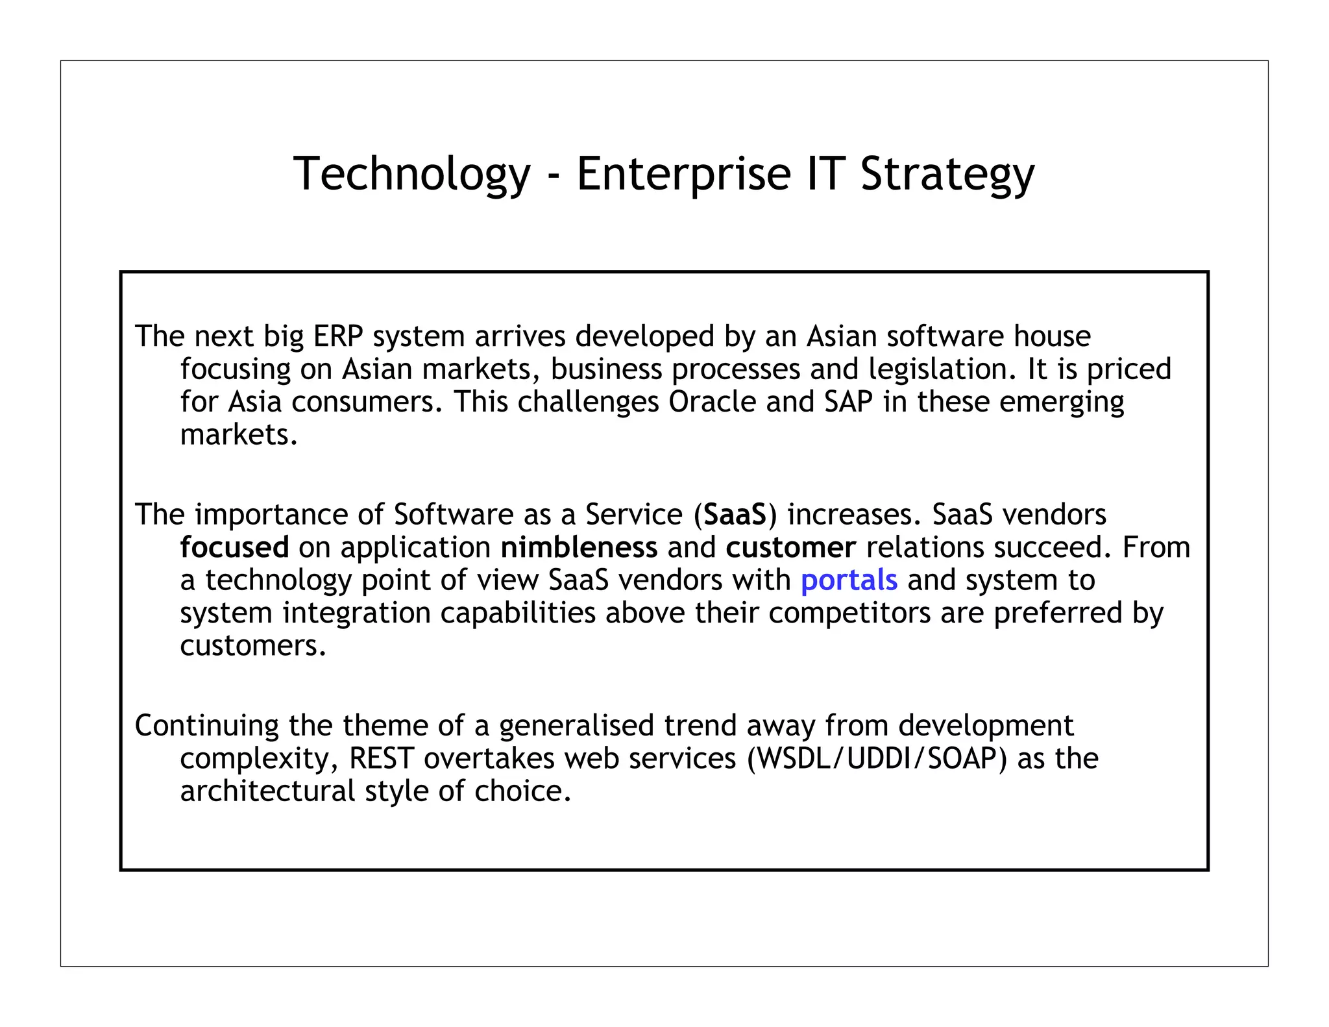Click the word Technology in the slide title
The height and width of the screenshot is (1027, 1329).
pos(411,174)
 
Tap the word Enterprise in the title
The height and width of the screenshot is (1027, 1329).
pos(683,174)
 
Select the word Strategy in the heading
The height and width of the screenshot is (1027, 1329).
pos(947,174)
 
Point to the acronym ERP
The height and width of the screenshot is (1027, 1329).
pos(337,336)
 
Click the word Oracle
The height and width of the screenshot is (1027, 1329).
pos(712,402)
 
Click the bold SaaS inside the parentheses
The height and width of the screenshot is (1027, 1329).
pos(735,515)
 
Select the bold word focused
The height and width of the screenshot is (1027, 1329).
pos(234,547)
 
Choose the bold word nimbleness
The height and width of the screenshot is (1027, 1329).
pos(579,547)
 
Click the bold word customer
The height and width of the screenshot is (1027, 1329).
pos(790,547)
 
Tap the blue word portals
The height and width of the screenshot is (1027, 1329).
pos(849,580)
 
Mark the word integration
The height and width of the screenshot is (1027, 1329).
pos(356,613)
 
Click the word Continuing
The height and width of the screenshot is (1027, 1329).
pos(206,726)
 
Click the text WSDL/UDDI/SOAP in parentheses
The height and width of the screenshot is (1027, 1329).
pos(877,758)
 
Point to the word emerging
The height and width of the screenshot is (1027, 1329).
pos(1062,402)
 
